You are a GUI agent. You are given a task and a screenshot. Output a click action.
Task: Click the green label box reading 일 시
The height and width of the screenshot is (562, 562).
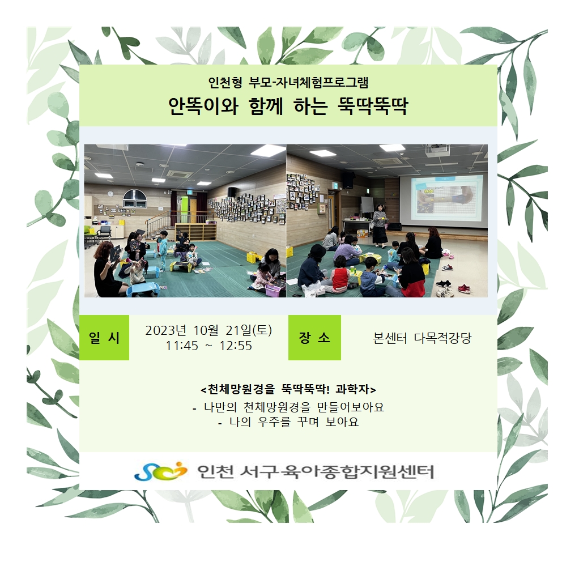[104, 337]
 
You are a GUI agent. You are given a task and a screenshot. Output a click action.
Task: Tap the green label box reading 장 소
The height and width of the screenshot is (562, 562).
[314, 337]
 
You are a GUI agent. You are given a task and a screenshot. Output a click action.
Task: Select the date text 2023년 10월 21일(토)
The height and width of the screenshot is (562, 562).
[208, 330]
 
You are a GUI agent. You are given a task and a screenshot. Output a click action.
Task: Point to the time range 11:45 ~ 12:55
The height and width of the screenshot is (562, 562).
[208, 346]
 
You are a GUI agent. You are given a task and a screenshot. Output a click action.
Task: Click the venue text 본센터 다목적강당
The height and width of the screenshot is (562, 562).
[422, 338]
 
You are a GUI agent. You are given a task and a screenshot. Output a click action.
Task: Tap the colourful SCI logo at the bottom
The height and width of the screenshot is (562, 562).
[160, 471]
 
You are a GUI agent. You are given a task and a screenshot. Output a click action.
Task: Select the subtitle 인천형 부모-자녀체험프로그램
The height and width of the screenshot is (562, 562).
[288, 83]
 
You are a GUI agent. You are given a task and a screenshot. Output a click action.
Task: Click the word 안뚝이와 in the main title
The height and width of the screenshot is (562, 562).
[203, 106]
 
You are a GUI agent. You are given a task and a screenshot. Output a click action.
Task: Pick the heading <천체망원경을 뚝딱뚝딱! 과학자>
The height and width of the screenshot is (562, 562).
[288, 389]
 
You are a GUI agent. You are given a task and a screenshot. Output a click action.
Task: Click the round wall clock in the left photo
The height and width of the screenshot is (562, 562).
[110, 194]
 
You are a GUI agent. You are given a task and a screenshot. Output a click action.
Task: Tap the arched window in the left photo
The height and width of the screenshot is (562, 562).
[135, 198]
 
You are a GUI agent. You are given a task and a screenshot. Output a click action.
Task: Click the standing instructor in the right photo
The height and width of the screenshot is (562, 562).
[380, 225]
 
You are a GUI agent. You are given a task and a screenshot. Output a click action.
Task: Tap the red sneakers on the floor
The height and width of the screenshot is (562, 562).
[463, 288]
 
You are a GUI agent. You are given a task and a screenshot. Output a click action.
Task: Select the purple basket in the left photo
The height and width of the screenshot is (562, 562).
[273, 290]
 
